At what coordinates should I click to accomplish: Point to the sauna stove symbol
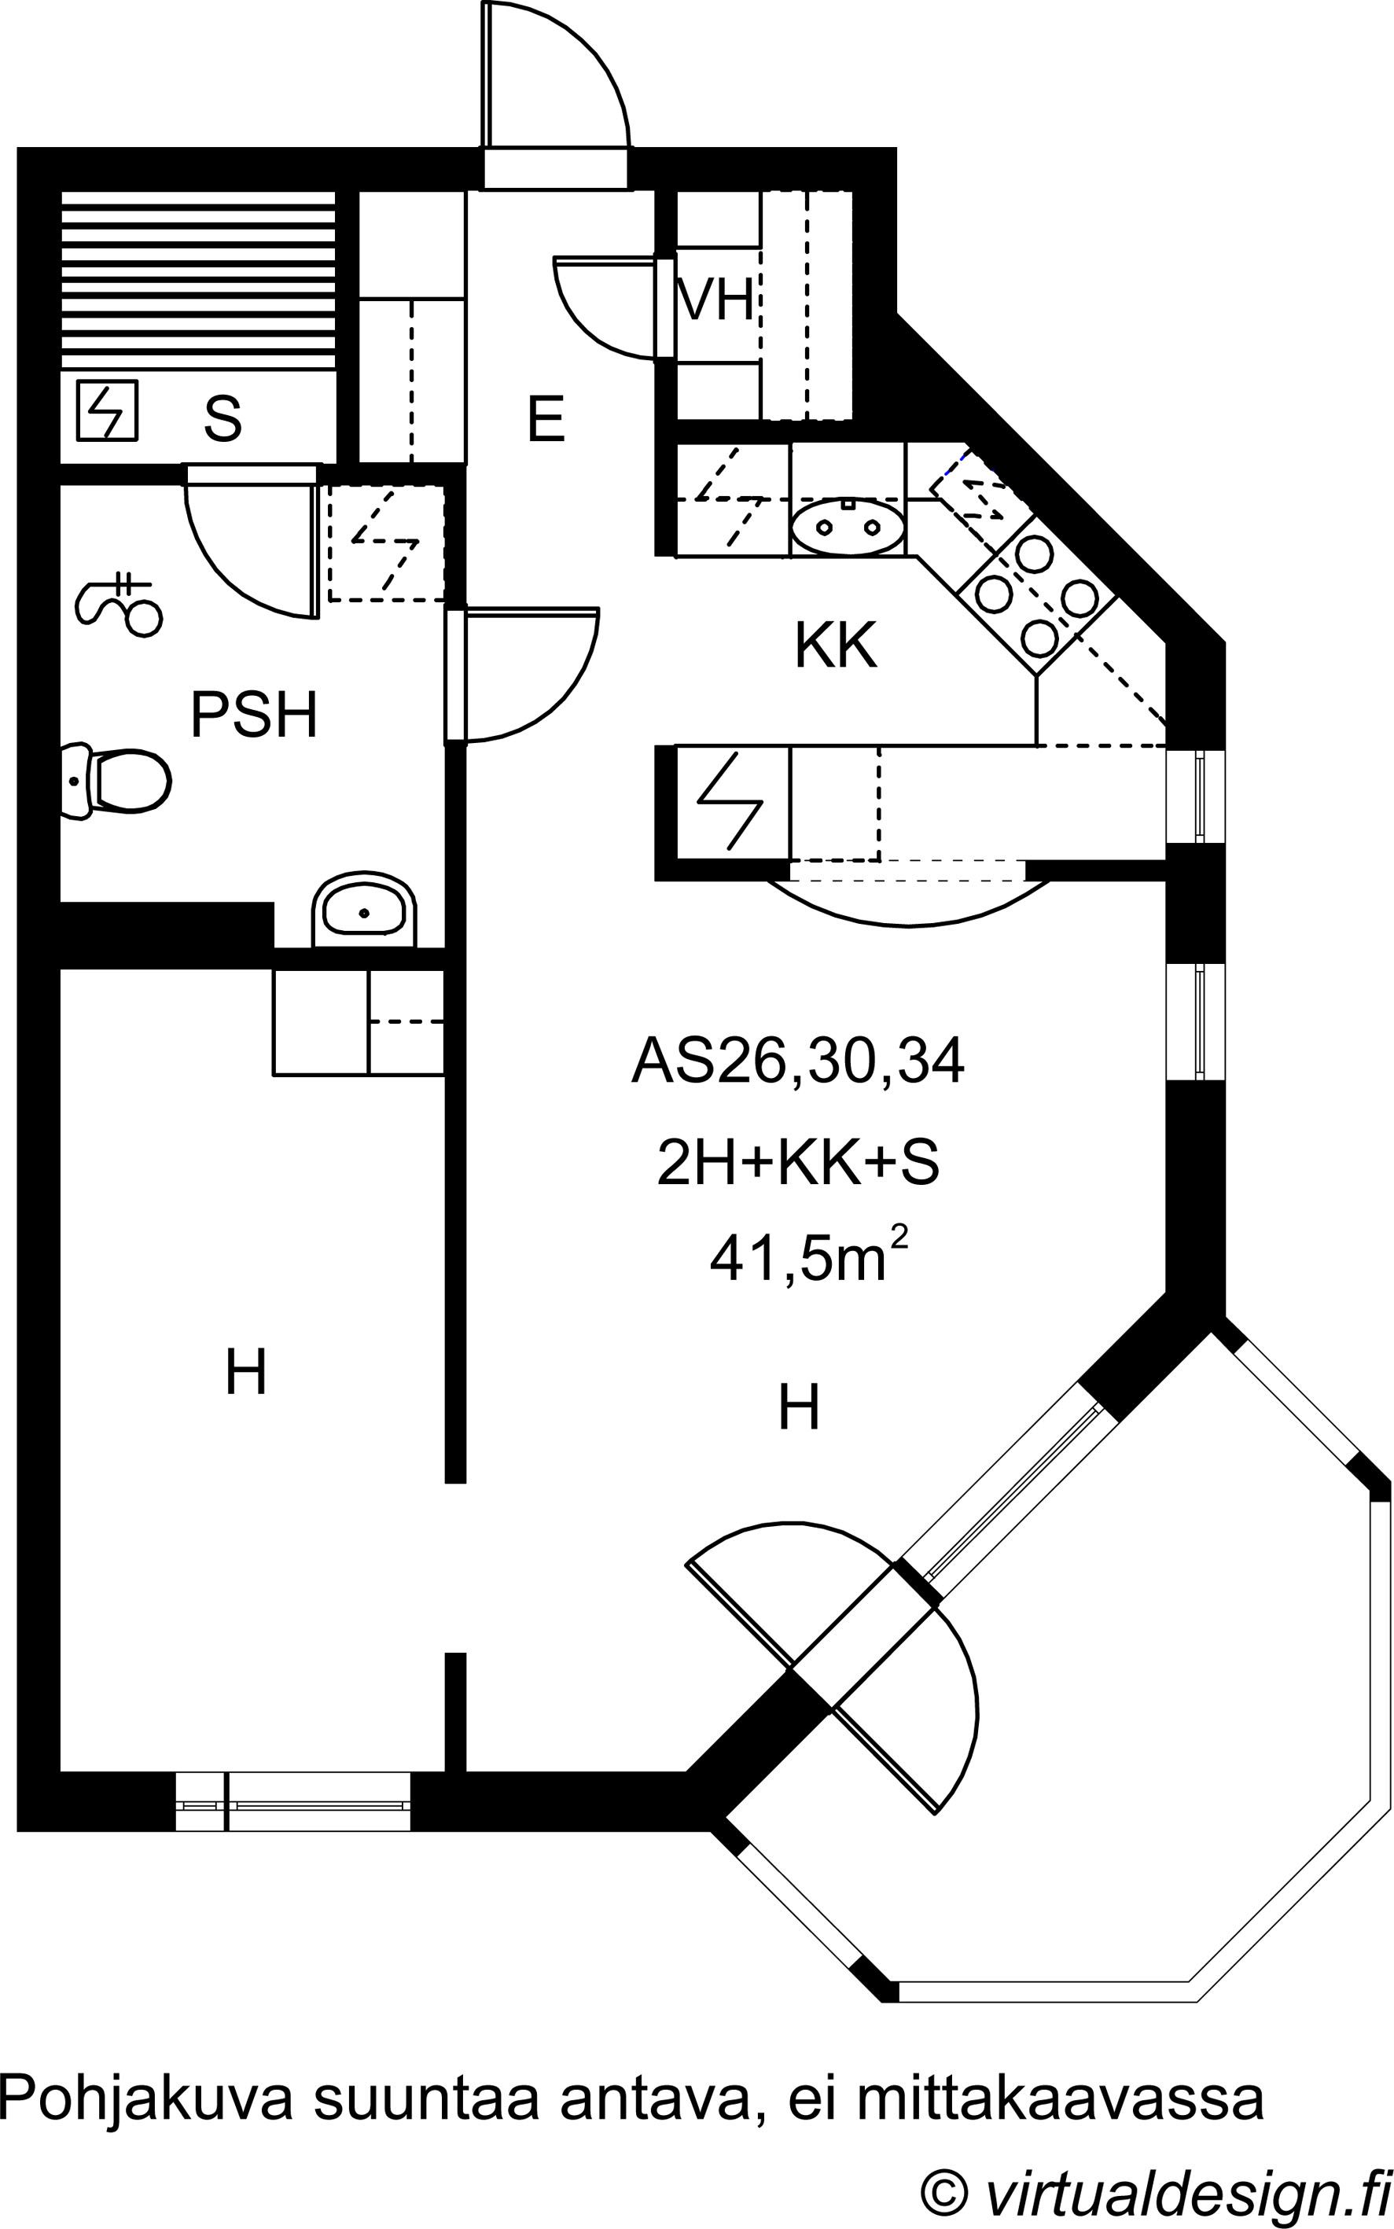(x=107, y=410)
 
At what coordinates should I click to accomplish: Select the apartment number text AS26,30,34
(x=797, y=1061)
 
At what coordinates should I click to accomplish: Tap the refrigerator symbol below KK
(x=733, y=801)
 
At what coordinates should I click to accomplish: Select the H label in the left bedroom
(x=246, y=1373)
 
